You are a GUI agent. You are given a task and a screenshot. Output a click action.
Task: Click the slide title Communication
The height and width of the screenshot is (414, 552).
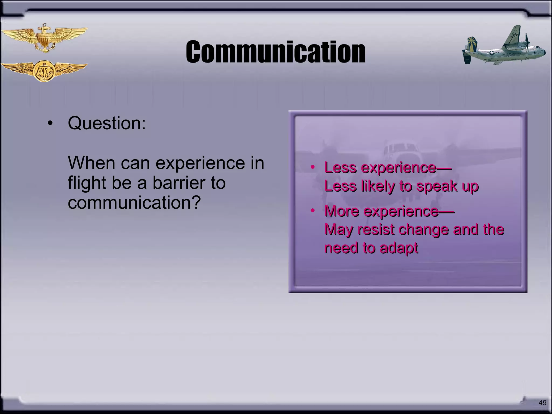pyautogui.click(x=275, y=52)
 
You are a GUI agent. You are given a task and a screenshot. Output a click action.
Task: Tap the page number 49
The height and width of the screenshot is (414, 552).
pyautogui.click(x=542, y=403)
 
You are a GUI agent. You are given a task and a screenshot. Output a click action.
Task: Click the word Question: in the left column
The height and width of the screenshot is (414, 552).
pyautogui.click(x=107, y=123)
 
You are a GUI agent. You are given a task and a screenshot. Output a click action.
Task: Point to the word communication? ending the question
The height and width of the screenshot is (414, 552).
pyautogui.click(x=134, y=203)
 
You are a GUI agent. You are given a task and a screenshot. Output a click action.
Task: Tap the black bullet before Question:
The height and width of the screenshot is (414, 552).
pyautogui.click(x=50, y=124)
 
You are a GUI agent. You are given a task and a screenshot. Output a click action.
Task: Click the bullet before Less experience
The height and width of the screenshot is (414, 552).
pyautogui.click(x=312, y=167)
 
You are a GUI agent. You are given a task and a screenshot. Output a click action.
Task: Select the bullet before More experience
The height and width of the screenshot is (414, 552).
pyautogui.click(x=312, y=211)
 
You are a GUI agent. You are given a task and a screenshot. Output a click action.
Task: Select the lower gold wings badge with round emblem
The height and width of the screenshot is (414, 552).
pyautogui.click(x=44, y=71)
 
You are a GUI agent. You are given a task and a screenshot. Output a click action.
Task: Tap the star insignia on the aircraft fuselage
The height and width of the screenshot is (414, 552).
pyautogui.click(x=492, y=53)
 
